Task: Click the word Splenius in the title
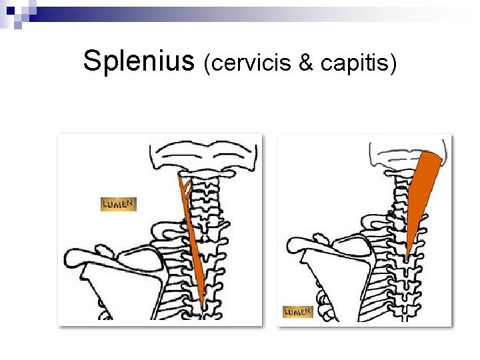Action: [x=138, y=61]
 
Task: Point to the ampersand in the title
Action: [x=306, y=63]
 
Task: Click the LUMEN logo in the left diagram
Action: [x=119, y=203]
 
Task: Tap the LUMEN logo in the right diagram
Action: [x=298, y=311]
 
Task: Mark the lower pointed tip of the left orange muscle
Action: [x=203, y=306]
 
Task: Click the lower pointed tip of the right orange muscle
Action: [x=407, y=256]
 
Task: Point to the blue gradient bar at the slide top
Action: [x=240, y=11]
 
